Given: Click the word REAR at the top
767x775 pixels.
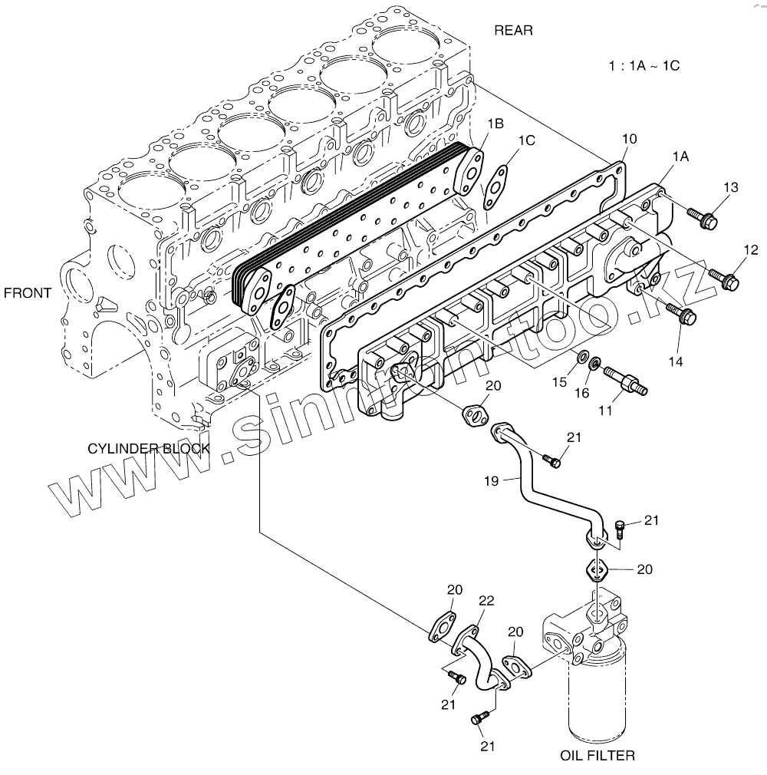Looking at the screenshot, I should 513,31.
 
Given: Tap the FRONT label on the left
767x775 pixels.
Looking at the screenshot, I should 27,292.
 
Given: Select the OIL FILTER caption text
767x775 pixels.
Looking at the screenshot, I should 597,756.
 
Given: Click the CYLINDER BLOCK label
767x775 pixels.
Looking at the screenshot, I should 148,448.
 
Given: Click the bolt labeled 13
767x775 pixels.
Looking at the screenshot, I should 703,218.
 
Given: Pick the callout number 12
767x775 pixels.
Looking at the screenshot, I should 749,249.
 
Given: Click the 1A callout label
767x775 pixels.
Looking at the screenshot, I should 680,157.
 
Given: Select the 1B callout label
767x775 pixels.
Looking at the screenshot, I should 495,123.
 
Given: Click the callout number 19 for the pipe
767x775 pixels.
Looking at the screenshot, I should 492,481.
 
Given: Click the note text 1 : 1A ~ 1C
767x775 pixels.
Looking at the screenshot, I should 644,66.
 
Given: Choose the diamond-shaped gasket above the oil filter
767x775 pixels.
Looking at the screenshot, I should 597,570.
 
